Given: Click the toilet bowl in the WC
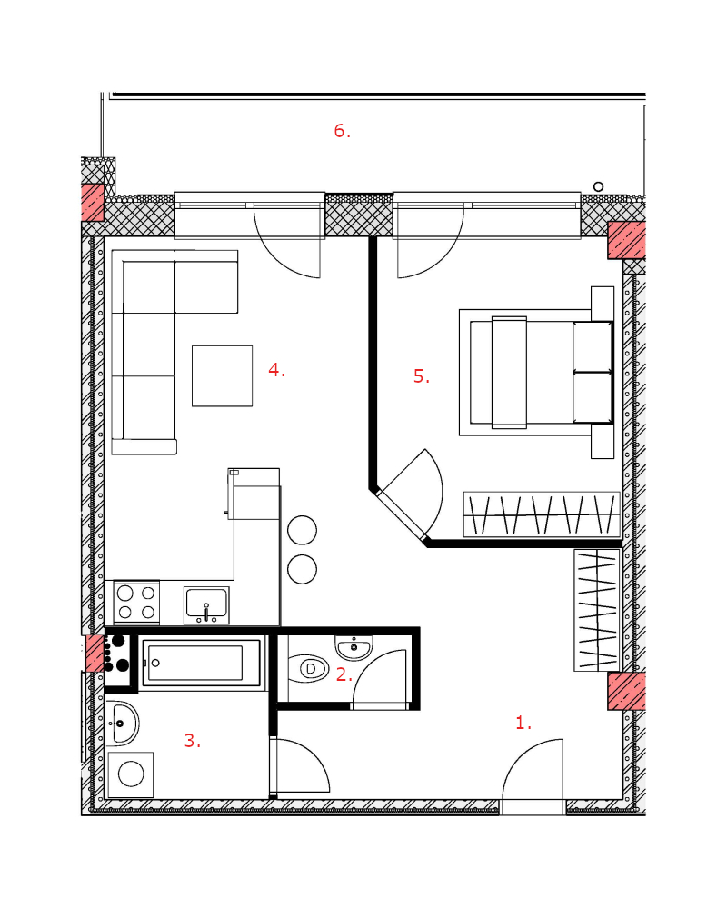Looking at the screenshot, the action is [309, 669].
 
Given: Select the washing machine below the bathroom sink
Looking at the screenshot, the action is [131, 774].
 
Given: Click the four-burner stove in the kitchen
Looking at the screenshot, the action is [137, 603].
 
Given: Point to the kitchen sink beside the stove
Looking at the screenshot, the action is [206, 605].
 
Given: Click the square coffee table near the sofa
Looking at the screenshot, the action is [222, 376].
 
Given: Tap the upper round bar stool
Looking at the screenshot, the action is [302, 530].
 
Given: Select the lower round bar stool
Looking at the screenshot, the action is [302, 569].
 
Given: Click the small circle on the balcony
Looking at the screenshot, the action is [598, 186].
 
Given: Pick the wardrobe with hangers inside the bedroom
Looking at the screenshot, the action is [542, 514].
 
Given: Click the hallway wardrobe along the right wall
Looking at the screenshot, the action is [597, 610].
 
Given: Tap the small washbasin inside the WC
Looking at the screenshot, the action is [354, 647].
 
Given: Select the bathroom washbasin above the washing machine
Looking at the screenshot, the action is [122, 724].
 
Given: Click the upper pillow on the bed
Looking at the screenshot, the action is [593, 346].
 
